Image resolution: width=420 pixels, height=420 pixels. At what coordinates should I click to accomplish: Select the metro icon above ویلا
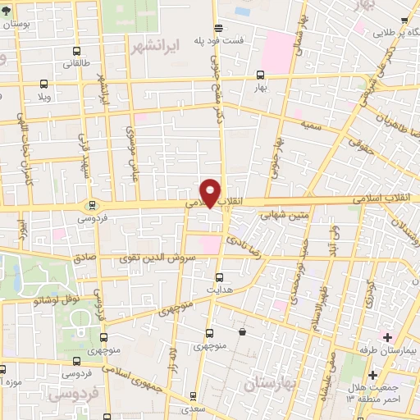tap(43, 83)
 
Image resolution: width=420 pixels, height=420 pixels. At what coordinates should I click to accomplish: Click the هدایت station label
tap(218, 290)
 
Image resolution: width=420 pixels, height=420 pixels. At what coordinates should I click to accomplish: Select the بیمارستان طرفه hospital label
tap(389, 350)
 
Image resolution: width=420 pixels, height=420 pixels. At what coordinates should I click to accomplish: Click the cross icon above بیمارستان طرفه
tap(387, 336)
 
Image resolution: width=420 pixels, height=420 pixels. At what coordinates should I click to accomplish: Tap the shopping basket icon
tap(243, 331)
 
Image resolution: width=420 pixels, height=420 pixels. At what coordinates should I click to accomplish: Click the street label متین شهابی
tap(285, 216)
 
